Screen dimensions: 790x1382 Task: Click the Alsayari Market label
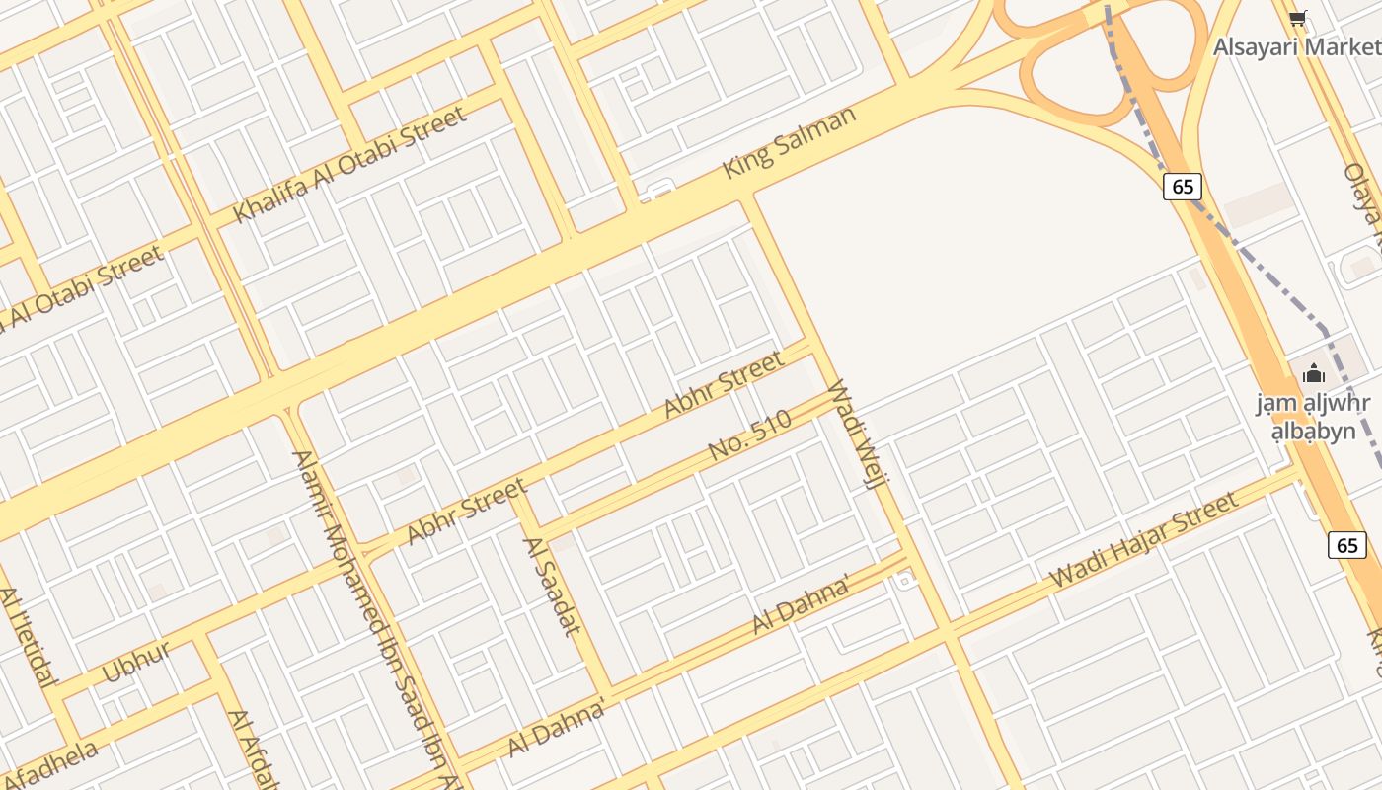[1296, 46]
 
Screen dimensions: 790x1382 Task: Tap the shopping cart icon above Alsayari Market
[1298, 18]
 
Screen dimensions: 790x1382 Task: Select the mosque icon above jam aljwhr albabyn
[1313, 373]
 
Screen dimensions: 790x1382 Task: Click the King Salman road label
[790, 142]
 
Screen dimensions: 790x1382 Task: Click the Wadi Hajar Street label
[1144, 539]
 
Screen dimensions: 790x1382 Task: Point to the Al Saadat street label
[551, 586]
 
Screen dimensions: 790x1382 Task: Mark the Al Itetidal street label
[27, 637]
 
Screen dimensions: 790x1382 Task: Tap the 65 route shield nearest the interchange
[1182, 186]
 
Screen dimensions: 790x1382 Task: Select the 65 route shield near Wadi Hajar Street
[1347, 544]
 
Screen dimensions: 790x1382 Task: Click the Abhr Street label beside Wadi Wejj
[724, 384]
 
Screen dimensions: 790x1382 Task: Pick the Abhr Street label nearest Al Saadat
[467, 511]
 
